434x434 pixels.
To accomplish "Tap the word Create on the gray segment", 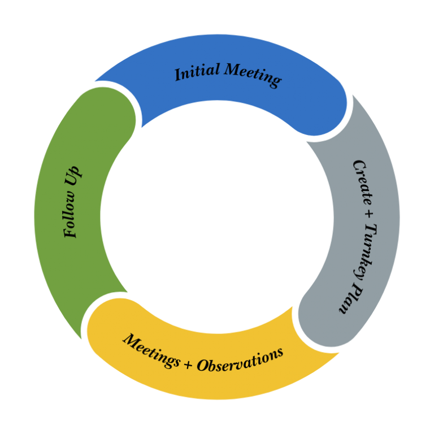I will coord(362,180).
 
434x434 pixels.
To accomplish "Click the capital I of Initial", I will coord(177,75).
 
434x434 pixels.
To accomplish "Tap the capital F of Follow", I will coord(70,232).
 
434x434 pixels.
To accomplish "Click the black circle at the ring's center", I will coord(217,217).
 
